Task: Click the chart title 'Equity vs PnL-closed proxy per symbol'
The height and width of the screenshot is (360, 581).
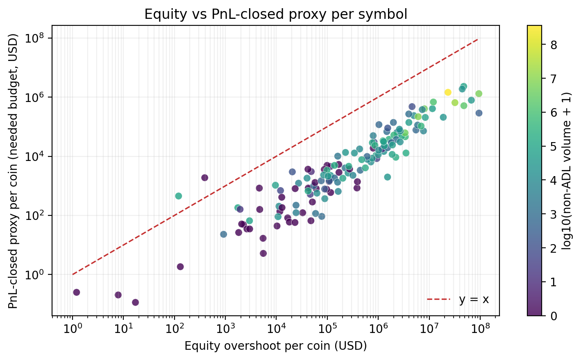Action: [x=275, y=14]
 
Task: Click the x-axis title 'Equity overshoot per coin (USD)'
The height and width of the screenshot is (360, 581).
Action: [x=275, y=346]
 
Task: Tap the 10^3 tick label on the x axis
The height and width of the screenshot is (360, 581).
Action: [x=225, y=329]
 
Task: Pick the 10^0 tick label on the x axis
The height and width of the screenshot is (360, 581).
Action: [x=73, y=329]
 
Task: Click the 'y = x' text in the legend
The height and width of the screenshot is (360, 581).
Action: [x=474, y=300]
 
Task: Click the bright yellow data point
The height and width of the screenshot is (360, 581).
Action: [x=448, y=92]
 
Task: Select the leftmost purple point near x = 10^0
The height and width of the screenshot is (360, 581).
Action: [x=76, y=292]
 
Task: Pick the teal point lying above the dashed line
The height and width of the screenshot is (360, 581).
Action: [x=179, y=196]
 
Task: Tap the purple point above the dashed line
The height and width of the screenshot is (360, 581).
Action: [x=204, y=177]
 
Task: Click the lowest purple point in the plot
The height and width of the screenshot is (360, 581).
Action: [x=135, y=302]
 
